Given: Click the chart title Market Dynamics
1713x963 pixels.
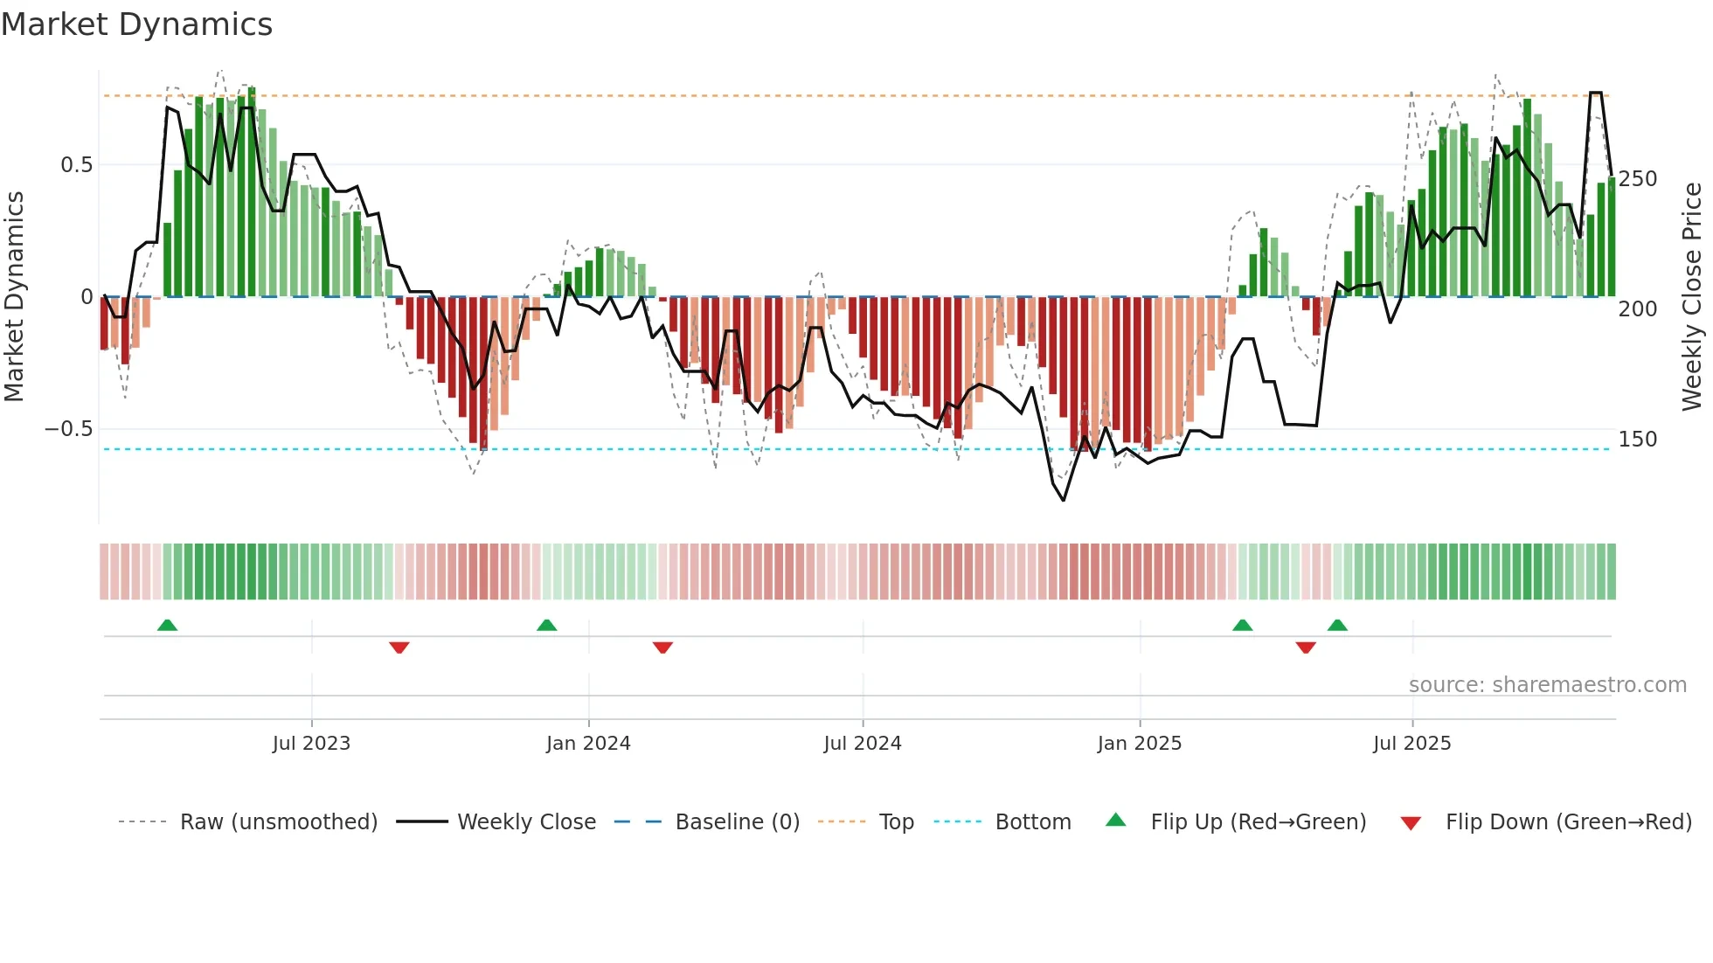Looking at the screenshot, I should pyautogui.click(x=136, y=24).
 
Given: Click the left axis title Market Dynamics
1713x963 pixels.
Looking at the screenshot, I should pyautogui.click(x=14, y=297).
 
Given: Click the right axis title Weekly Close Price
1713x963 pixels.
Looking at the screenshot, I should pyautogui.click(x=1693, y=297).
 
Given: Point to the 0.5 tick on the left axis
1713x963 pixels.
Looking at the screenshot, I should pyautogui.click(x=76, y=165).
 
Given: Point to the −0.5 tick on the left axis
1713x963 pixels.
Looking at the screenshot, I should pyautogui.click(x=68, y=429).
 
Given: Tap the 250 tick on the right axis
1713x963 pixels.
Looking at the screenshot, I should pyautogui.click(x=1637, y=179).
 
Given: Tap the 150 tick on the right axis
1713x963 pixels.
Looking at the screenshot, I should pyautogui.click(x=1637, y=440).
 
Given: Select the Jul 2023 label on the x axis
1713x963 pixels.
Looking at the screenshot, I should pyautogui.click(x=311, y=744).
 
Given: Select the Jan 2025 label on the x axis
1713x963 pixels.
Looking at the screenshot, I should pyautogui.click(x=1139, y=744).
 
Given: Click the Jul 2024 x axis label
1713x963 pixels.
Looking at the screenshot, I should pyautogui.click(x=862, y=744).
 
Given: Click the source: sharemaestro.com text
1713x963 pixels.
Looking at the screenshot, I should pyautogui.click(x=1547, y=685).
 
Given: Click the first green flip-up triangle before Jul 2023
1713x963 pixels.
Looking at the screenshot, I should pyautogui.click(x=167, y=625).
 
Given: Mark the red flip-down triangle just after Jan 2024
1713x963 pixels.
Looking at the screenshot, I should pyautogui.click(x=662, y=648).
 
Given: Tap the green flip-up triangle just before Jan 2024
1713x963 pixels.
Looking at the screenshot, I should pyautogui.click(x=546, y=625).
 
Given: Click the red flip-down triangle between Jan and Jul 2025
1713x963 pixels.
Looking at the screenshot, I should pyautogui.click(x=1306, y=648).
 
